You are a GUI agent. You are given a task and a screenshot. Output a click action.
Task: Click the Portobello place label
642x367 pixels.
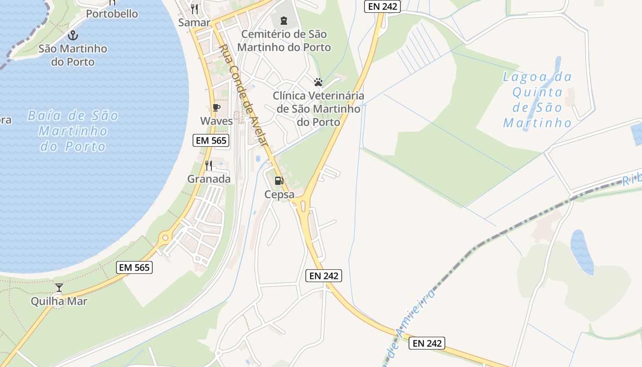112,14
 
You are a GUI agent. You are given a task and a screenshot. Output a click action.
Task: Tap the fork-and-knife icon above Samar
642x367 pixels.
194,9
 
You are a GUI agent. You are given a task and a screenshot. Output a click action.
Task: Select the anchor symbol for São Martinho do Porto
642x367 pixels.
72,35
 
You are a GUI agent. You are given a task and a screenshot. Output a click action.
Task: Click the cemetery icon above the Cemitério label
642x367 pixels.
283,20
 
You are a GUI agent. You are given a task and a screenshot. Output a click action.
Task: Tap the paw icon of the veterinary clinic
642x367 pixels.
318,82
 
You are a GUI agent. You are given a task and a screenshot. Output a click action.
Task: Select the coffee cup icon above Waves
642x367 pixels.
216,108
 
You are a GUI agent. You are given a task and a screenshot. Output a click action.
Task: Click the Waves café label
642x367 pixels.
216,121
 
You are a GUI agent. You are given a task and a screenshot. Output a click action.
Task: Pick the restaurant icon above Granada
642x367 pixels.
209,165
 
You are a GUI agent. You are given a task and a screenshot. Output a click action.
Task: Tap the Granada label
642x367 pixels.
209,179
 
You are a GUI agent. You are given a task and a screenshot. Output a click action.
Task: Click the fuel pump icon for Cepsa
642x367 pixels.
279,181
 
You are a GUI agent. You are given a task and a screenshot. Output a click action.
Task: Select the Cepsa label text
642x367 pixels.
279,195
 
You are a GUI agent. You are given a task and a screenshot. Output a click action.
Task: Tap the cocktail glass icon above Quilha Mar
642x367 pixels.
59,288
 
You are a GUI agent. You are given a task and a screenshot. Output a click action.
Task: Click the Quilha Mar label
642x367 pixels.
59,301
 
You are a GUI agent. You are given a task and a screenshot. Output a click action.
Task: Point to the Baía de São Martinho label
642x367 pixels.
73,131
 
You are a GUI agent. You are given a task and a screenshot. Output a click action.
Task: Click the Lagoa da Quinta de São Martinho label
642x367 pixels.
537,100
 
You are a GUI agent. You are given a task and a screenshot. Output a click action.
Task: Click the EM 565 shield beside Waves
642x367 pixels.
211,140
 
